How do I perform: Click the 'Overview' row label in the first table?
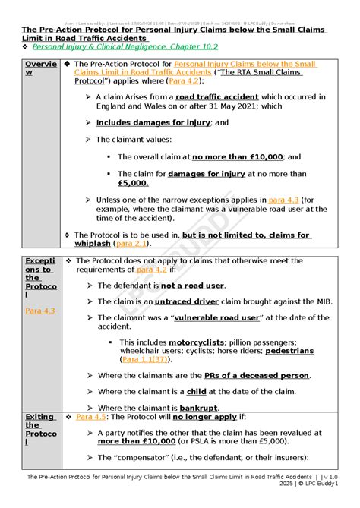pyautogui.click(x=40, y=68)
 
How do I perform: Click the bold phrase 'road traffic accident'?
pyautogui.click(x=215, y=97)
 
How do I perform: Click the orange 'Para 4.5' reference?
pyautogui.click(x=92, y=417)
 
